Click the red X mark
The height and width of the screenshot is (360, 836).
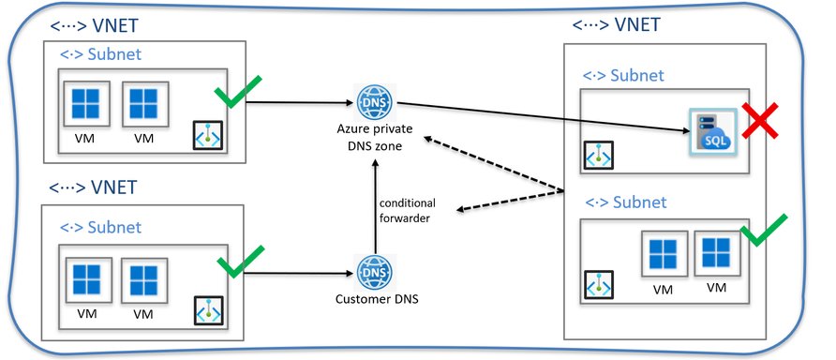tap(763, 122)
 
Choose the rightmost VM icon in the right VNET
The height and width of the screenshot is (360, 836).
tap(717, 253)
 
